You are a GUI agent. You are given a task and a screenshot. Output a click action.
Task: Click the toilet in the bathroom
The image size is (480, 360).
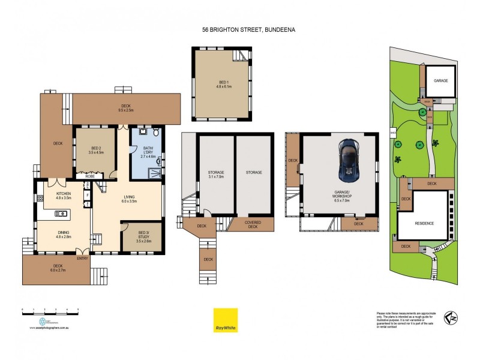pyautogui.click(x=155, y=132)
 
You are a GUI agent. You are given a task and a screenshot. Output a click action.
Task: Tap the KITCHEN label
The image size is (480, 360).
pyautogui.click(x=64, y=196)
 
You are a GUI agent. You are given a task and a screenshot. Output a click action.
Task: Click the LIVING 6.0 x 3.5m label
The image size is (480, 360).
pyautogui.click(x=129, y=199)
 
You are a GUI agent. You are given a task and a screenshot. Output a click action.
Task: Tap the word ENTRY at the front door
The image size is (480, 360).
pyautogui.click(x=82, y=259)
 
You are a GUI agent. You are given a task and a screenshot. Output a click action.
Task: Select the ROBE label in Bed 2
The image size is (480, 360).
pyautogui.click(x=90, y=176)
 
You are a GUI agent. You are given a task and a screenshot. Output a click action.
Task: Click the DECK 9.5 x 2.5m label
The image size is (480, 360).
pyautogui.click(x=125, y=108)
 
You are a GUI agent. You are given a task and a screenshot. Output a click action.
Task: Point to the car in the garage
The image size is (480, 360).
pyautogui.click(x=347, y=161)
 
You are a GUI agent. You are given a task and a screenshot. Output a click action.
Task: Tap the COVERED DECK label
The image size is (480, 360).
pyautogui.click(x=252, y=225)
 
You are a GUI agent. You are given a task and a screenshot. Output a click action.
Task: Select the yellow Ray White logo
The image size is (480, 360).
pyautogui.click(x=225, y=320)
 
